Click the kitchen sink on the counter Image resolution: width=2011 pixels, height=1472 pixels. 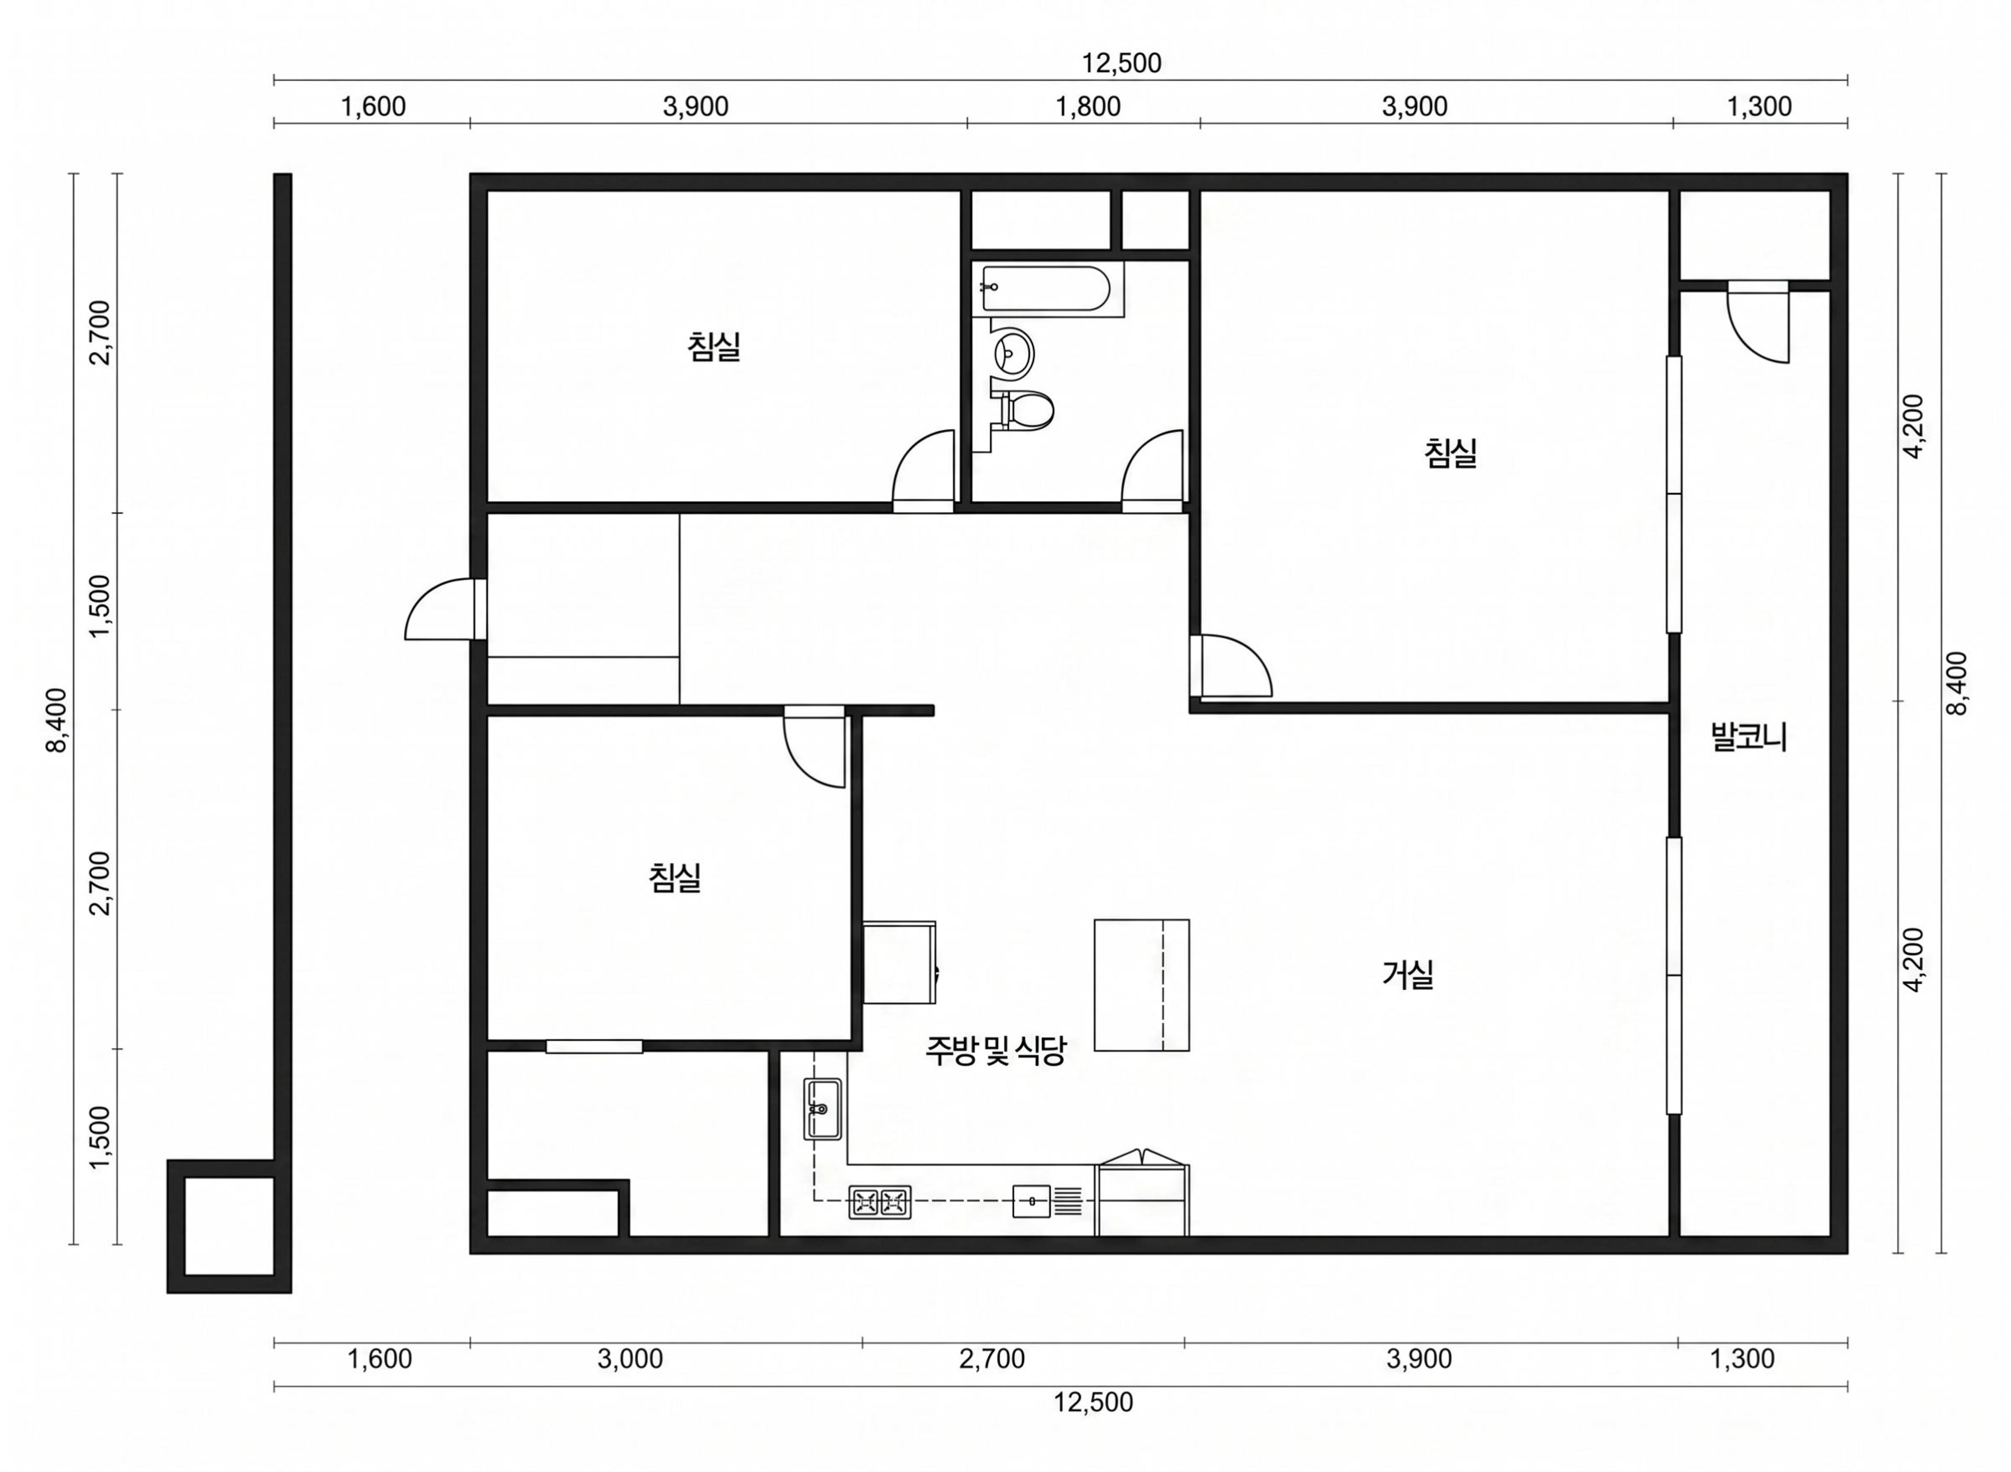(x=822, y=1109)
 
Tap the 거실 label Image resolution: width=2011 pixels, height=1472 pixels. (x=1408, y=975)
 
